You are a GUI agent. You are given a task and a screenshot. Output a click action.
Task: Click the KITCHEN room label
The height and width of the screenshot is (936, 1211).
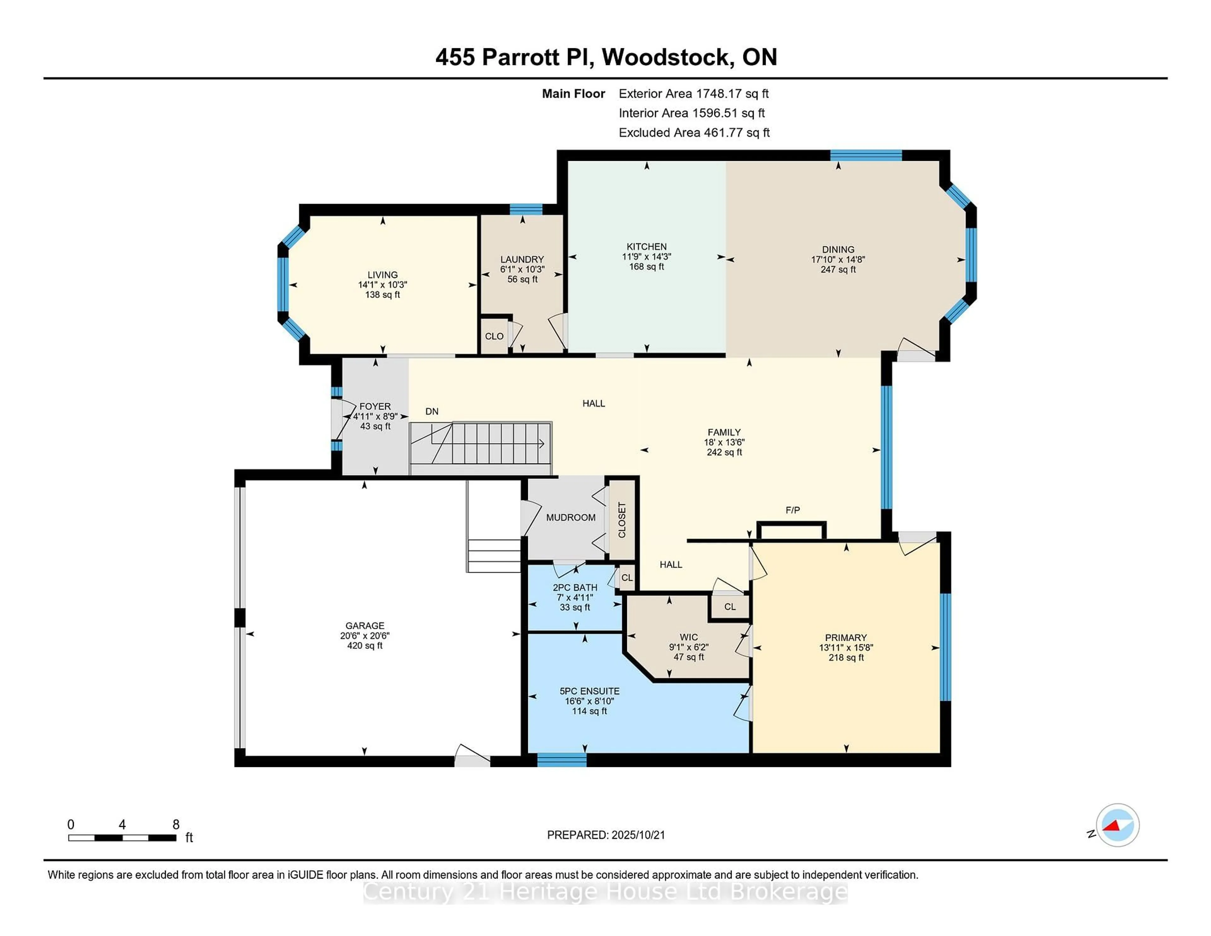[646, 247]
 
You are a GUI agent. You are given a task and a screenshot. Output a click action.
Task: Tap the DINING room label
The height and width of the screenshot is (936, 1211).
[838, 249]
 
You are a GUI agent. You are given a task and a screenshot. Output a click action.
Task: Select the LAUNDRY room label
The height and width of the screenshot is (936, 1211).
[522, 260]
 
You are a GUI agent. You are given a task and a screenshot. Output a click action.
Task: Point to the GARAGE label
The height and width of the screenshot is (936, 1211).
[365, 625]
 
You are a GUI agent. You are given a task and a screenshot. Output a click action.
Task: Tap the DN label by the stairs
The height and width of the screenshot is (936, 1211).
[432, 412]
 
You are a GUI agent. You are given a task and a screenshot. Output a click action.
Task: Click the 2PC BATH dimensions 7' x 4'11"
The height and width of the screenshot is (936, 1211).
[575, 597]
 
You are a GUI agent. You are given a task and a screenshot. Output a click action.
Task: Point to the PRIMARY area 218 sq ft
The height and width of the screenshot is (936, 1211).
[846, 658]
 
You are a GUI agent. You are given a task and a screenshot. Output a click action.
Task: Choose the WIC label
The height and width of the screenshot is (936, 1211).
[689, 637]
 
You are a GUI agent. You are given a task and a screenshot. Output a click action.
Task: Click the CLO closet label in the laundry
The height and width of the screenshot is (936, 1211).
[494, 336]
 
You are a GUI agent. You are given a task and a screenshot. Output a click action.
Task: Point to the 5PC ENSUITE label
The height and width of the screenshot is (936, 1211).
[589, 691]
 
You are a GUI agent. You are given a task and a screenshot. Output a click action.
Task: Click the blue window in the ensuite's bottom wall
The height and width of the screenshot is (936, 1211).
[562, 760]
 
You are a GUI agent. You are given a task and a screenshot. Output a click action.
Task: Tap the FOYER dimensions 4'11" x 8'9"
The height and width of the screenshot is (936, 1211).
[375, 416]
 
